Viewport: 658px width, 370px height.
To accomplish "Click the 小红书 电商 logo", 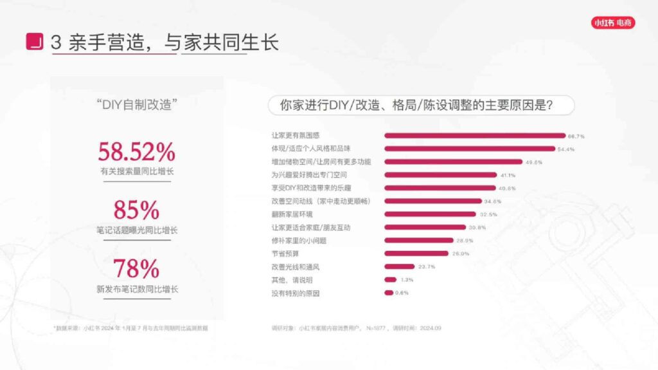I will pos(612,23).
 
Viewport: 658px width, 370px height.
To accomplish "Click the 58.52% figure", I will pos(136,152).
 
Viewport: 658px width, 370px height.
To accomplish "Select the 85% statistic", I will pos(136,210).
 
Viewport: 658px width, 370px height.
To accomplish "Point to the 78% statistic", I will pos(136,268).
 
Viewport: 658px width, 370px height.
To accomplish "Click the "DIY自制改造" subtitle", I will pos(136,105).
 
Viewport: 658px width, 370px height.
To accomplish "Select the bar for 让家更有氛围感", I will pos(474,136).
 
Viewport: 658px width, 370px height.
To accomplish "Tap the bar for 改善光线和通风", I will pos(399,266).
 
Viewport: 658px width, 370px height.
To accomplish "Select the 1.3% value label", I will pos(407,280).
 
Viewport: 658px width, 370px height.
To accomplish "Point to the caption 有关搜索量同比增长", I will pos(136,172).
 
